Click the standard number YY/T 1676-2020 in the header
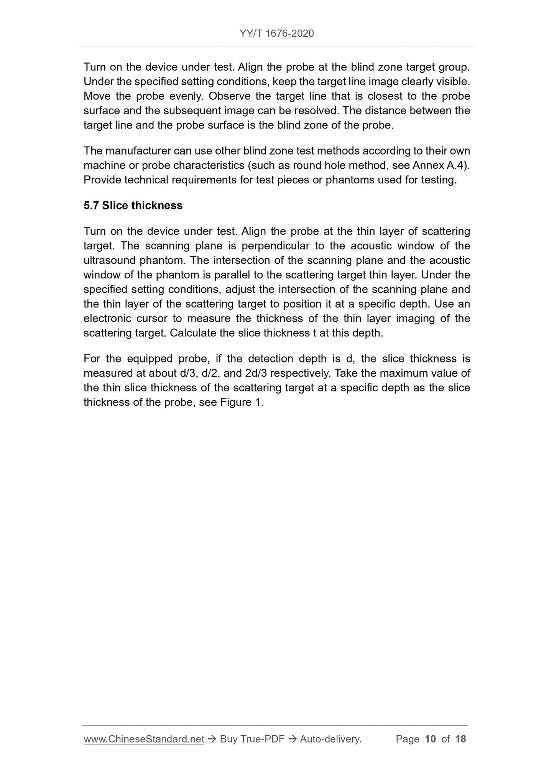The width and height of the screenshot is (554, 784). point(276,34)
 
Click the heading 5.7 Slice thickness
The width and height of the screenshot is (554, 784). point(133,206)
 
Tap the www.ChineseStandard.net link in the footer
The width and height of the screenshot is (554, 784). point(144,739)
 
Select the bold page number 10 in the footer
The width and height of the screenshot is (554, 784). point(431,739)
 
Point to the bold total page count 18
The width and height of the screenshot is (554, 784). point(460,739)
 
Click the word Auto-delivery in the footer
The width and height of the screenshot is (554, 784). point(330,739)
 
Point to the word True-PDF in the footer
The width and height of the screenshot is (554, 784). point(262,739)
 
